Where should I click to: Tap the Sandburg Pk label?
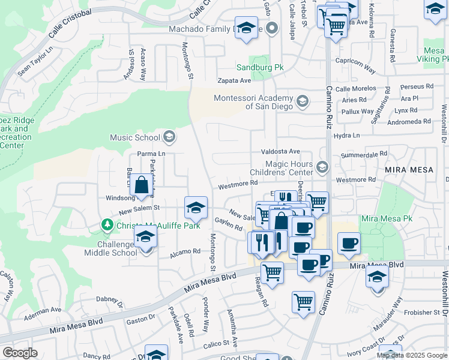(x=259, y=68)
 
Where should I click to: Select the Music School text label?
(x=135, y=138)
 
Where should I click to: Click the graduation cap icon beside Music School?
(x=169, y=137)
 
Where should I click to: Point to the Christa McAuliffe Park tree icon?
(x=107, y=224)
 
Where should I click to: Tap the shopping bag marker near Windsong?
(x=141, y=186)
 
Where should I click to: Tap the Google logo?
(x=20, y=353)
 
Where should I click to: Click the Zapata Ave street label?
(x=234, y=80)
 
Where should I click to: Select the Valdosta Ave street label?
(x=280, y=152)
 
